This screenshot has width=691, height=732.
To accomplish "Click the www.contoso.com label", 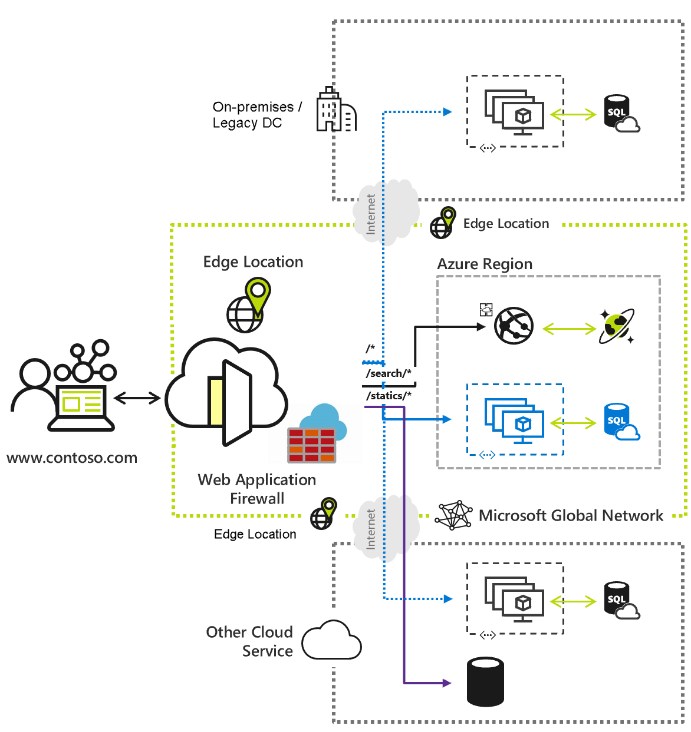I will pos(72,458).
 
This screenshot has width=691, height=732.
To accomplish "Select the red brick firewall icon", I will pos(312,445).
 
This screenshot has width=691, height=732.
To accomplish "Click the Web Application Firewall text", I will pos(257,489).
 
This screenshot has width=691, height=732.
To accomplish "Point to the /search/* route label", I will pos(389,373).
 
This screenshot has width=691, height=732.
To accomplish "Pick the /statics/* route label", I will pos(389,396).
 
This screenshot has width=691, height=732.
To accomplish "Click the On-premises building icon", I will pos(336,110).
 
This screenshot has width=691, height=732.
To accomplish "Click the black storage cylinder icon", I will pos(485,682).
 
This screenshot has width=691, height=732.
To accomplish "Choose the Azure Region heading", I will pos(485,264).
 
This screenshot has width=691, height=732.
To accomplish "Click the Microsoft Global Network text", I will pos(571,516).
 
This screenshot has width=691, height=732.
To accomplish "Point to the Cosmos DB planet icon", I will pos(617,326).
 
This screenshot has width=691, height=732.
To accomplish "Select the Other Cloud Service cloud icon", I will pos(331,641).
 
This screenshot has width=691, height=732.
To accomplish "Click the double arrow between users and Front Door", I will pos(137,399).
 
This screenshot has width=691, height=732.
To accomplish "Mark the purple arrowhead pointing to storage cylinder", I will pos(446,683).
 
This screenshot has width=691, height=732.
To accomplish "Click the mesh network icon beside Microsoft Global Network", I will pos(454,516).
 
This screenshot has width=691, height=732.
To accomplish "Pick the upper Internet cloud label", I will pos(371,214).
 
